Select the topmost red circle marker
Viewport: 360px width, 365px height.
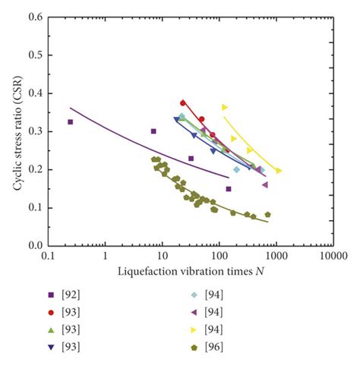(183, 102)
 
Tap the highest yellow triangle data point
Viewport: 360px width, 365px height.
(225, 107)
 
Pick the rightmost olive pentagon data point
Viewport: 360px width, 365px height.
(267, 215)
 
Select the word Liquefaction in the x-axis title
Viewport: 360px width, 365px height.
(144, 270)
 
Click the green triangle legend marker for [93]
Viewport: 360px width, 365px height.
(50, 329)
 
